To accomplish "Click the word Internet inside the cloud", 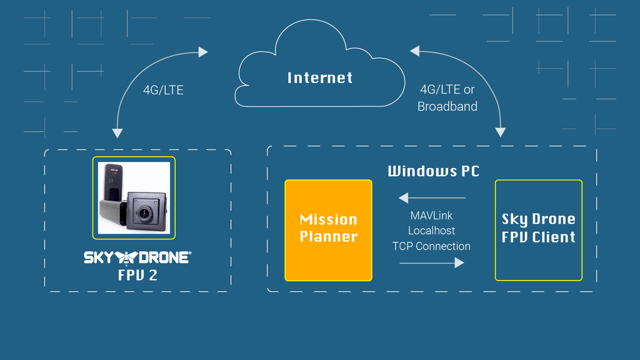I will pyautogui.click(x=320, y=77).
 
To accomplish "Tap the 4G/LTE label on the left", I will pyautogui.click(x=163, y=90).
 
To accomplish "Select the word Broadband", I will pyautogui.click(x=447, y=106).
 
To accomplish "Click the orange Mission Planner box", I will pyautogui.click(x=328, y=230).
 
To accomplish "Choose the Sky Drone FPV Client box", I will pyautogui.click(x=538, y=230).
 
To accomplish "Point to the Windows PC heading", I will pyautogui.click(x=433, y=171).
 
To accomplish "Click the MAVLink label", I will pyautogui.click(x=431, y=216).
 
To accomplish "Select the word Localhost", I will pyautogui.click(x=431, y=231).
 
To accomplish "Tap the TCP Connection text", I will pyautogui.click(x=431, y=246).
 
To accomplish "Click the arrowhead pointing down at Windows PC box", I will pyautogui.click(x=500, y=132).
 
